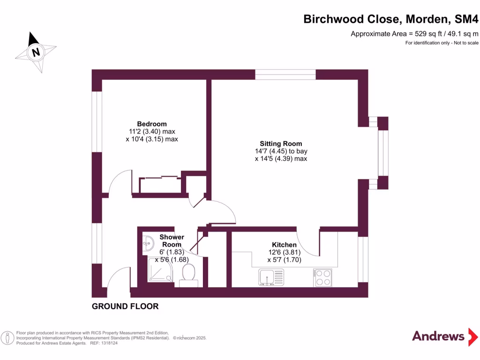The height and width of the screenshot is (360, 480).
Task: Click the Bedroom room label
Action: [x=151, y=124]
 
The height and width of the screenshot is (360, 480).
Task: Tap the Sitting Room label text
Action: [x=281, y=143]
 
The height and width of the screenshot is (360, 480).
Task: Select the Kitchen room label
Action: [x=284, y=245]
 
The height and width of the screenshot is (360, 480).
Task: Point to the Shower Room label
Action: [x=172, y=240]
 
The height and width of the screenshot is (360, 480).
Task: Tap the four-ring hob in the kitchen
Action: [x=322, y=277]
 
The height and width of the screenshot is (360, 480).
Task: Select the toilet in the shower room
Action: [x=188, y=273]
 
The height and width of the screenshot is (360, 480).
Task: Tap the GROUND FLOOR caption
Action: [x=125, y=307]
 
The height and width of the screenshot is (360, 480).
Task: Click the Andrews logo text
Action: [x=438, y=336]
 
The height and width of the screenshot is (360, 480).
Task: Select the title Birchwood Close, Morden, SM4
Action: [x=391, y=19]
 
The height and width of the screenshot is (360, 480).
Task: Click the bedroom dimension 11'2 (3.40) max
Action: [x=152, y=132]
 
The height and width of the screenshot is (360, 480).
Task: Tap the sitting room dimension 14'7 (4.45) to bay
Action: [x=281, y=151]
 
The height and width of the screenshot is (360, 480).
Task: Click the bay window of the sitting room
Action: [x=383, y=153]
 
